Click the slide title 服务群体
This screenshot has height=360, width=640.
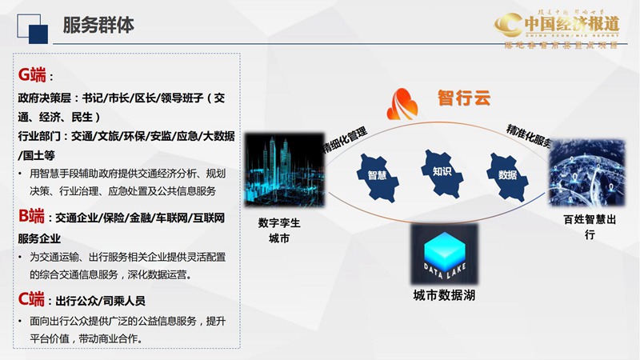point(98,26)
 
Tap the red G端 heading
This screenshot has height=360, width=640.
point(32,75)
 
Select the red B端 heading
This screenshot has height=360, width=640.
point(31,216)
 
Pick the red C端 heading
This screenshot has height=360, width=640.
point(31,299)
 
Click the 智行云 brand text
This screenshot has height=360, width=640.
point(463,98)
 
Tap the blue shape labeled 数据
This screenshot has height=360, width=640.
point(506,171)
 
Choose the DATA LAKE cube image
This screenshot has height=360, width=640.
point(443,255)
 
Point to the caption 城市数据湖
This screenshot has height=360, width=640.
point(443,298)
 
